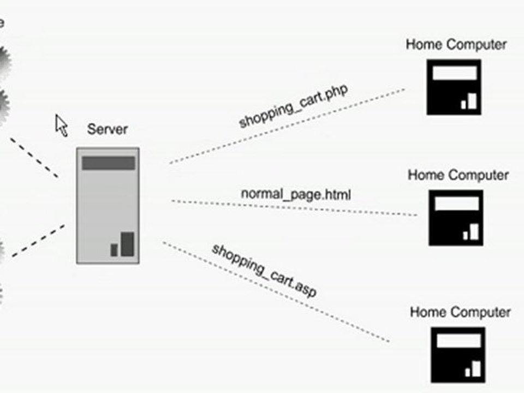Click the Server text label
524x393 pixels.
108,129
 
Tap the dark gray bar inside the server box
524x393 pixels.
108,163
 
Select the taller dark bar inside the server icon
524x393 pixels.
127,244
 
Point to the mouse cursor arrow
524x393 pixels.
61,125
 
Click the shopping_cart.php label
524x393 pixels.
294,106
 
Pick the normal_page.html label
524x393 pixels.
296,193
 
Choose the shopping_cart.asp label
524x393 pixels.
264,271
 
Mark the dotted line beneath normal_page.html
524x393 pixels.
295,207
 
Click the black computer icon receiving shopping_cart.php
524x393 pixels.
454,87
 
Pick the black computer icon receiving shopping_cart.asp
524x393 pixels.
457,355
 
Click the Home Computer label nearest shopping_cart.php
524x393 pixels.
456,45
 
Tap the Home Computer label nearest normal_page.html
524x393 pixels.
458,175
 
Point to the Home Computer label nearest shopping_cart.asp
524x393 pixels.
460,312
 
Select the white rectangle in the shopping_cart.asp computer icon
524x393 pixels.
457,341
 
